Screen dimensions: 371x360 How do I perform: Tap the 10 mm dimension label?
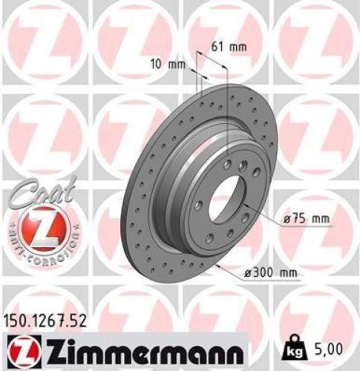[x=172, y=65]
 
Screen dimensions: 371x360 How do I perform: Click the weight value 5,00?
[x=330, y=346]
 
